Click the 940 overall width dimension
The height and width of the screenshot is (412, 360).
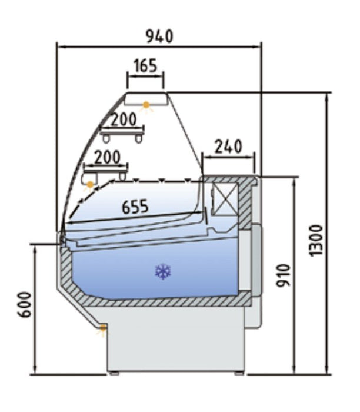[x=159, y=36]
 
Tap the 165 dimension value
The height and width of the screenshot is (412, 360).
[x=145, y=66]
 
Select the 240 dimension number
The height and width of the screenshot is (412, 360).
[x=228, y=147]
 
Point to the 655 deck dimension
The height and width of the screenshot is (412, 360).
[x=135, y=207]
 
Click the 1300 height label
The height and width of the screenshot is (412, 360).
[x=316, y=240]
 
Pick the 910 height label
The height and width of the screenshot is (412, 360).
[x=284, y=275]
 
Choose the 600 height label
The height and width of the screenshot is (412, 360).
[x=25, y=304]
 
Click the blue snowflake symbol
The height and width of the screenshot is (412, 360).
[x=163, y=271]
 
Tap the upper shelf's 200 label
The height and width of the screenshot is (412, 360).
[x=124, y=119]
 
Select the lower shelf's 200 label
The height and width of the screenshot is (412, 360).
[x=107, y=157]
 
